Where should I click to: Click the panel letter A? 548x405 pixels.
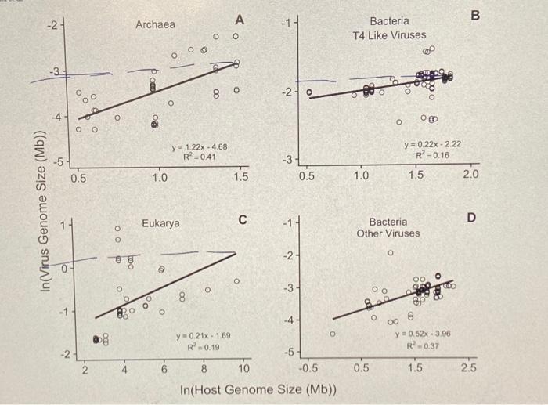[x=240, y=19]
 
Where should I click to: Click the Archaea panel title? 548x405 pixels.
[x=155, y=25]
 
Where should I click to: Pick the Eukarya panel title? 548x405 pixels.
[x=160, y=223]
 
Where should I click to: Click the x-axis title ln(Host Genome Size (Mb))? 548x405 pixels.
[x=258, y=389]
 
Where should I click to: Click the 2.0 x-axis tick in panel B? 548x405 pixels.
[x=470, y=173]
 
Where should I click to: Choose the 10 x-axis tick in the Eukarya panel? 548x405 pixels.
[x=243, y=368]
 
